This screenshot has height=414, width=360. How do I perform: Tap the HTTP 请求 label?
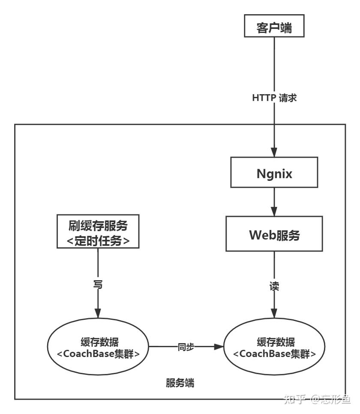click(x=274, y=97)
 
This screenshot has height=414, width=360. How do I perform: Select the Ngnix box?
click(x=274, y=174)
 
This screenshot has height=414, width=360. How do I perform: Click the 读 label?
click(x=274, y=287)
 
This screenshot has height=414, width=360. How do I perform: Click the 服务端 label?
click(x=180, y=383)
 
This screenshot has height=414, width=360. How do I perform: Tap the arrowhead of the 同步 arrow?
click(x=219, y=347)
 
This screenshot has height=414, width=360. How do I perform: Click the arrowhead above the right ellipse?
click(x=274, y=315)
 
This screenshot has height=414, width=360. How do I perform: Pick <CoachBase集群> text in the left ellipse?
click(x=99, y=354)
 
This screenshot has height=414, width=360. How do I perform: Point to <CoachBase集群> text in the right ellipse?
click(x=275, y=354)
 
